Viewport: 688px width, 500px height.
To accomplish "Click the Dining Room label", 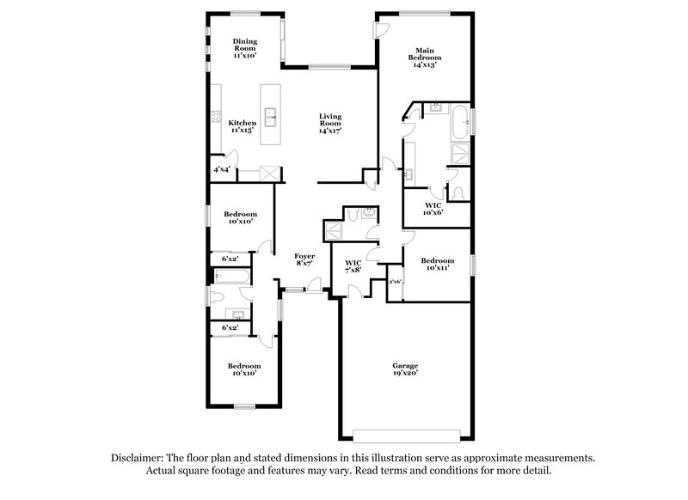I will click(246, 48).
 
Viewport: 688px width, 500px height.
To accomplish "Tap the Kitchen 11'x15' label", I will click(243, 126).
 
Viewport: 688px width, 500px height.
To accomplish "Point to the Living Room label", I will click(330, 124).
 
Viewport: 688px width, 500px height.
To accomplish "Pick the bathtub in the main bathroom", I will click(458, 123).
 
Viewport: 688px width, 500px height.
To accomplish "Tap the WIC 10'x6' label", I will click(433, 209).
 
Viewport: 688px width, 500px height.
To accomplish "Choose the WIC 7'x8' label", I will click(353, 265).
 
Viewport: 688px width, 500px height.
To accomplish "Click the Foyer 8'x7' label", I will click(304, 259).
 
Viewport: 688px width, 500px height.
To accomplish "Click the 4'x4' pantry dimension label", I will click(222, 170).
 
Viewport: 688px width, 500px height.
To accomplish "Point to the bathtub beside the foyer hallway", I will click(232, 277).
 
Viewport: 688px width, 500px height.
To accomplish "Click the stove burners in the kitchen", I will click(218, 119).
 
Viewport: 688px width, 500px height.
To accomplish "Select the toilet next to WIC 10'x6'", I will click(458, 192).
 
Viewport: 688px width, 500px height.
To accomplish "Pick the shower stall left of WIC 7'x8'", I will click(332, 229).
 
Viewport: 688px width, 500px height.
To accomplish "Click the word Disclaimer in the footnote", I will click(140, 459).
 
